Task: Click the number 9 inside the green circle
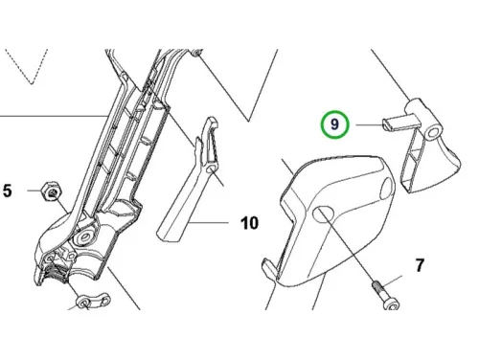point(334,124)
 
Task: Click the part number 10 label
point(249,223)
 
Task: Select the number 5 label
point(8,191)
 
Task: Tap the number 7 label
point(420,265)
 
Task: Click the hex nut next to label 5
point(51,191)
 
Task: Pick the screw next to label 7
point(385,295)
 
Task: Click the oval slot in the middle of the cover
point(324,214)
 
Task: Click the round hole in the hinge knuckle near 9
point(434,132)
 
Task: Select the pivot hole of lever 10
point(211,169)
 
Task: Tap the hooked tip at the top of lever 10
point(212,123)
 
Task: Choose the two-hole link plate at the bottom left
point(93,299)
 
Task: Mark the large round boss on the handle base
point(85,237)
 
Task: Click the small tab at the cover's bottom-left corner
point(270,267)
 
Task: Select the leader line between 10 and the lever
point(208,222)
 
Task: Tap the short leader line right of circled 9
point(369,124)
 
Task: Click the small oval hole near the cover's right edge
point(387,188)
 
